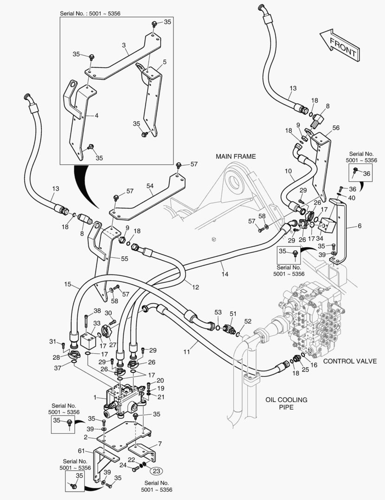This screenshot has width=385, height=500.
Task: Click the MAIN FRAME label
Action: click(235, 156)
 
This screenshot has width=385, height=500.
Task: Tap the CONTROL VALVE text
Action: click(350, 361)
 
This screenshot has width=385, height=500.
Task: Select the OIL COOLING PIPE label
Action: click(287, 403)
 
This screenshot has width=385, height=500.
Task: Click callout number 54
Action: click(150, 186)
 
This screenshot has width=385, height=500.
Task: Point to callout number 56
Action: click(336, 128)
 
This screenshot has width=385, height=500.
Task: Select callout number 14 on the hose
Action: click(225, 274)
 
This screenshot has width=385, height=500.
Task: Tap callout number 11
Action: click(186, 352)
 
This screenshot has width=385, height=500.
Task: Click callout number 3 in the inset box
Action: click(124, 45)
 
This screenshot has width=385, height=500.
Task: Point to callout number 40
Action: click(353, 198)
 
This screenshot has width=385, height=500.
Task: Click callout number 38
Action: click(97, 311)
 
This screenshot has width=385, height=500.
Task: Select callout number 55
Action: click(124, 259)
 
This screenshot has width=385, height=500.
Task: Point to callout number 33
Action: click(96, 323)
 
